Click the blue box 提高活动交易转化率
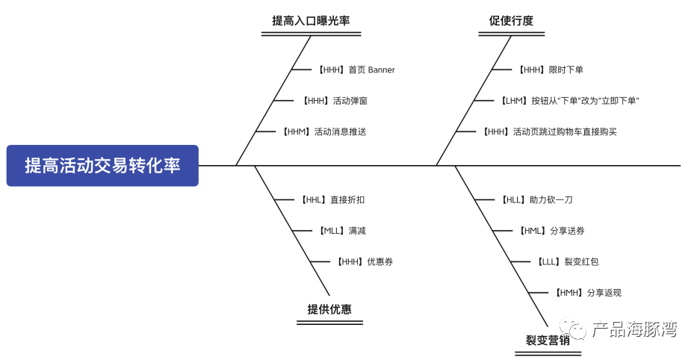[102, 165]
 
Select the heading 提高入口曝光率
[311, 21]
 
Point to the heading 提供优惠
[329, 309]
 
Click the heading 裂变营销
[547, 341]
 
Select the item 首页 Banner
[356, 69]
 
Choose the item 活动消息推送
[324, 131]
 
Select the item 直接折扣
[332, 199]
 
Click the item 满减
[341, 231]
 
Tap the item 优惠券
[363, 261]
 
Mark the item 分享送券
[552, 231]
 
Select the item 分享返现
[588, 293]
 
